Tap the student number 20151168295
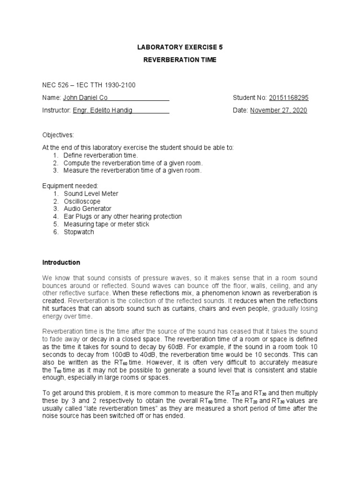point(288,97)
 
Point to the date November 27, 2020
point(278,111)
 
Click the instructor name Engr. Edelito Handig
point(102,111)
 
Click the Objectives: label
point(58,135)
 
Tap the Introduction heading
point(61,262)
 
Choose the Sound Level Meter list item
point(91,194)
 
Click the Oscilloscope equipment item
point(82,202)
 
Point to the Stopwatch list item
point(79,232)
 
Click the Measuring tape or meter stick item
point(106,225)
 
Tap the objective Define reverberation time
point(101,155)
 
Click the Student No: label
point(249,97)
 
